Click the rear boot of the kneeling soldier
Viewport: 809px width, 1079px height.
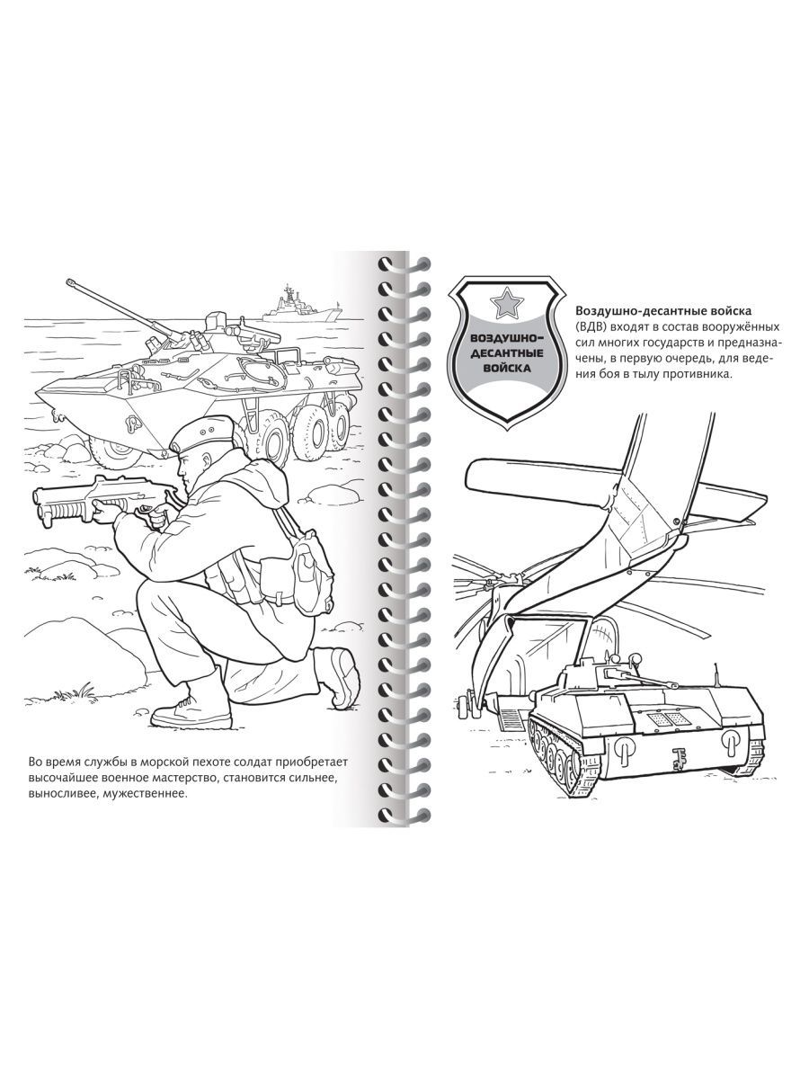point(340,674)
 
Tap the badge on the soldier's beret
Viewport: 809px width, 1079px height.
point(201,432)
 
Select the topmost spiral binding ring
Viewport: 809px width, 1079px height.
point(405,264)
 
